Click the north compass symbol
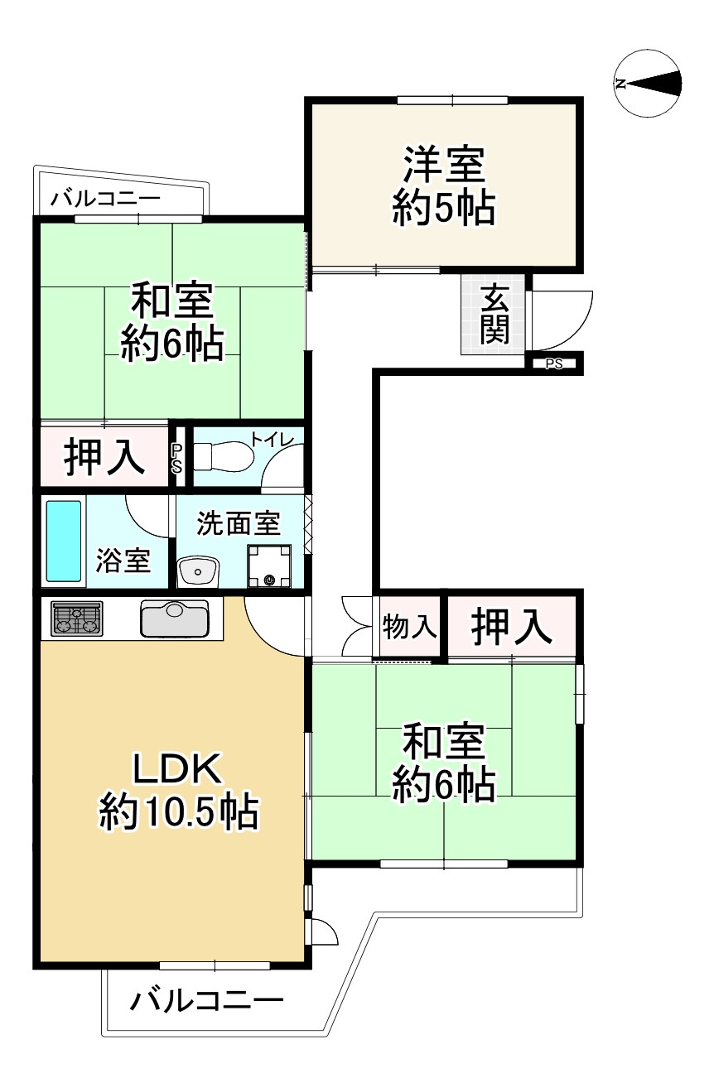pos(648,83)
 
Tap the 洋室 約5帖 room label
pos(443,185)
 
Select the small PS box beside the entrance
pos(554,363)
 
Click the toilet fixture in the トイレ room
pos(227,456)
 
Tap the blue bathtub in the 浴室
pos(64,540)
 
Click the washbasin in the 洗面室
pos(198,570)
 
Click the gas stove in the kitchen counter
pos(76,619)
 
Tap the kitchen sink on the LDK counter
pos(175,618)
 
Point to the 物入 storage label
pos(409,628)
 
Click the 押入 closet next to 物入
pos(511,628)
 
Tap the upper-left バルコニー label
pos(104,199)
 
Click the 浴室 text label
pos(123,561)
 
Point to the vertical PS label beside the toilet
pos(176,458)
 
